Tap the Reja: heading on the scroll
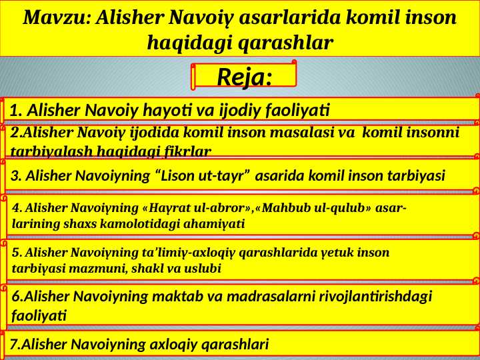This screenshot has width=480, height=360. [x=244, y=77]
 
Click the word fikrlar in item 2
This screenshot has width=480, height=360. [x=187, y=151]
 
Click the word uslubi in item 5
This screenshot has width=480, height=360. [x=202, y=269]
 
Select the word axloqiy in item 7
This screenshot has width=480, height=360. [x=173, y=344]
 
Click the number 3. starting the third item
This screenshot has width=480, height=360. [x=17, y=176]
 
